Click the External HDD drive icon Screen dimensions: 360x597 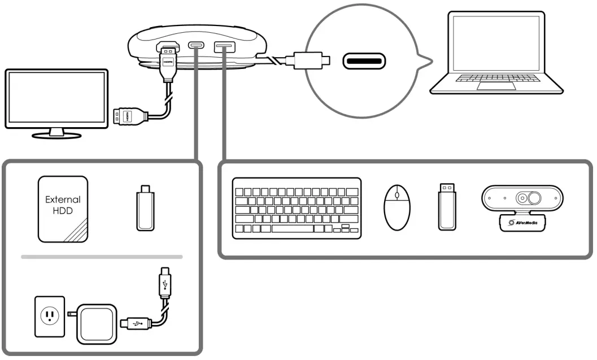click(63, 209)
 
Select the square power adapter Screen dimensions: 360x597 click(97, 323)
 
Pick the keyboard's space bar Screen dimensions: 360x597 click(292, 229)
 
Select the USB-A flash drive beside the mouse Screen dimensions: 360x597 click(447, 206)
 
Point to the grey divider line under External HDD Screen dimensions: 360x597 click(102, 257)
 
